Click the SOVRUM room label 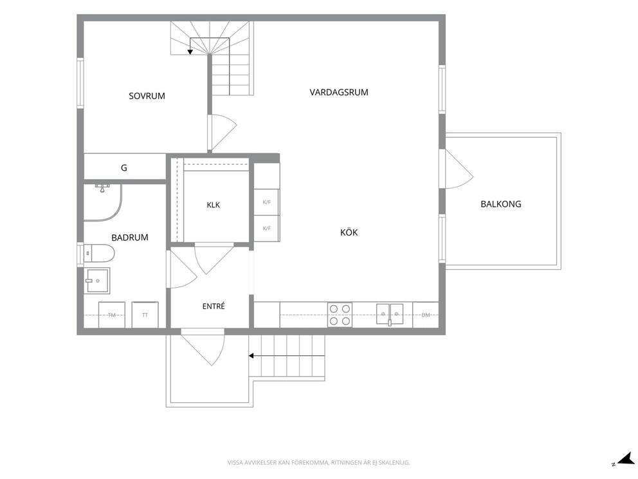pos(147,96)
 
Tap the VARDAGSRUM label pos(339,93)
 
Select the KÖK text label pos(349,232)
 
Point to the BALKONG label pos(501,204)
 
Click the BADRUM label pos(130,238)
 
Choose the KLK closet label pos(214,205)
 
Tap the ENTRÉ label pos(214,306)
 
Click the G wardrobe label pos(124,167)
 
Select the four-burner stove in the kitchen pos(340,315)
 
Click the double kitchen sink pos(390,314)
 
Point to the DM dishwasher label pos(426,315)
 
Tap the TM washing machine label pos(112,315)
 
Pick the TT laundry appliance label pos(145,315)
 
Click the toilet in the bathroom pos(99,253)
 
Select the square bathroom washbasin pos(97,281)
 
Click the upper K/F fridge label pos(266,202)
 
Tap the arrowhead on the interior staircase pos(190,52)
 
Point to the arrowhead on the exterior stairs pos(251,356)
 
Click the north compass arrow pos(625,460)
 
